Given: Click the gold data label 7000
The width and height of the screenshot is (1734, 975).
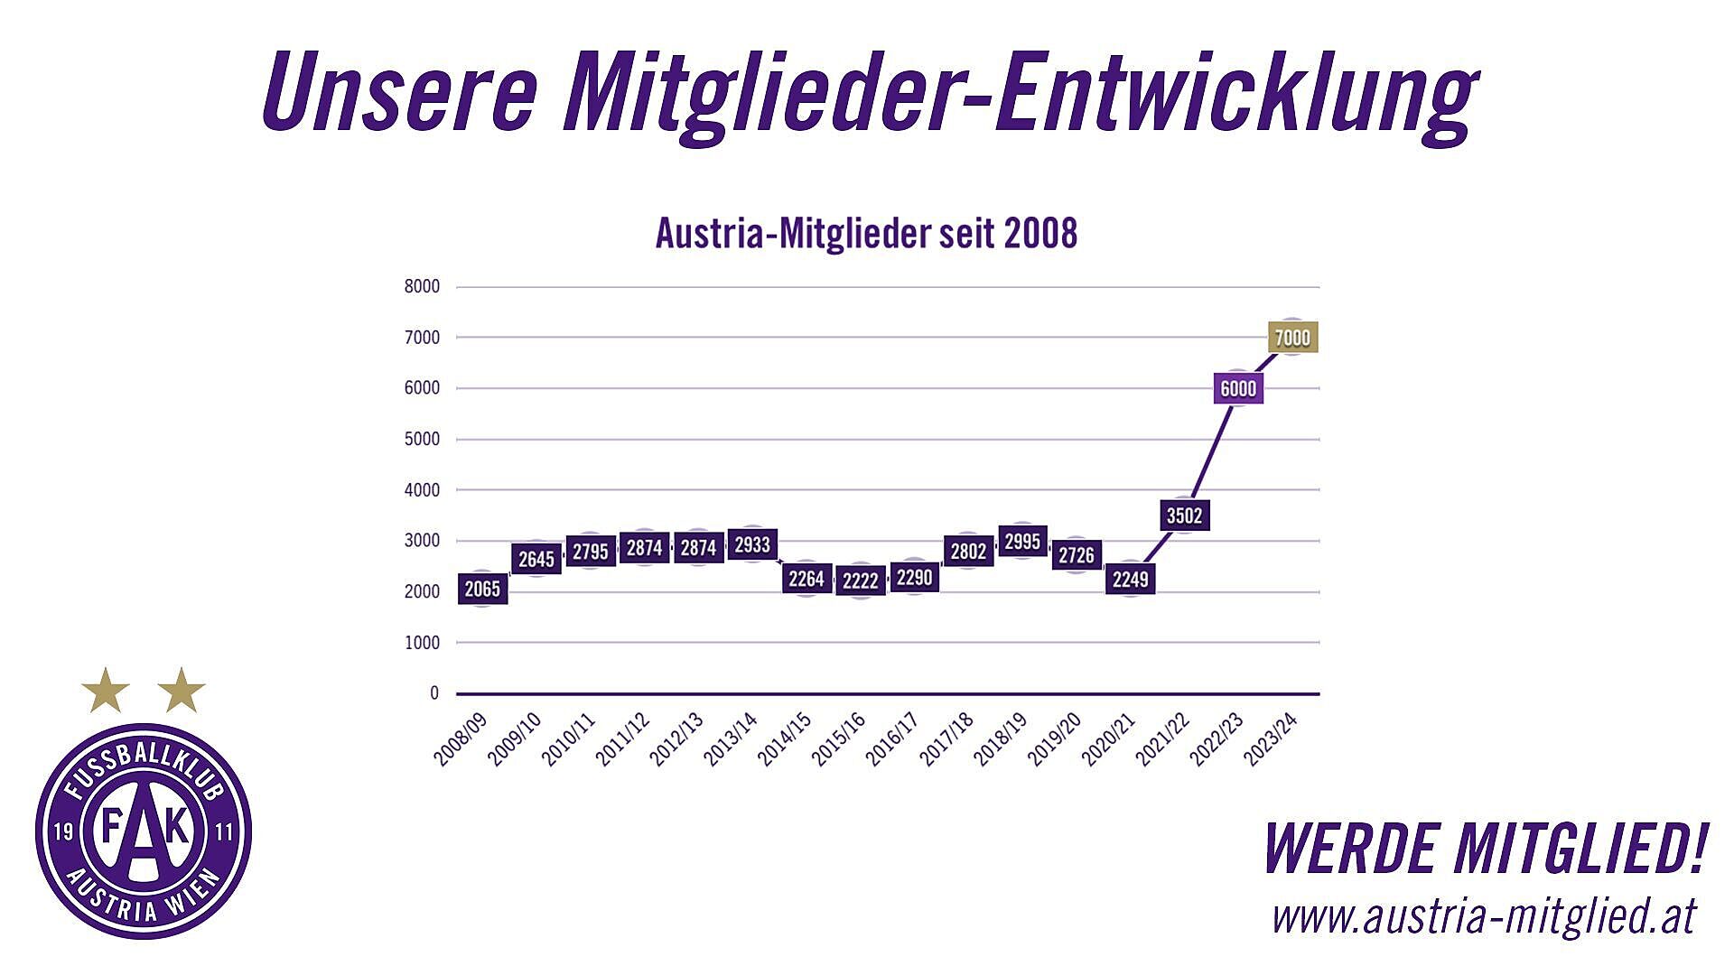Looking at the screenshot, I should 1292,338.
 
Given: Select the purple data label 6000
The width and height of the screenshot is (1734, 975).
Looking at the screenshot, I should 1238,388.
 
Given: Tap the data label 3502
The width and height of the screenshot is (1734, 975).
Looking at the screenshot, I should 1184,515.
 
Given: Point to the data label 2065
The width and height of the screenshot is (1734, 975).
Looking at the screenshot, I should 482,590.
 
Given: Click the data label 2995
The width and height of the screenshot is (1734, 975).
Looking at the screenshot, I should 1022,542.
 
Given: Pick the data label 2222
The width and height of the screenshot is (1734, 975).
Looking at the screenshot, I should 860,580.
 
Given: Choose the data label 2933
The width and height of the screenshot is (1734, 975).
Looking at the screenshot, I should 752,544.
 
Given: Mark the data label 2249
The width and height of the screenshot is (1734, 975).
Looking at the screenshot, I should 1130,579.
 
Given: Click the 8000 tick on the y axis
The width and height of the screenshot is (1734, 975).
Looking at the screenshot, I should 422,286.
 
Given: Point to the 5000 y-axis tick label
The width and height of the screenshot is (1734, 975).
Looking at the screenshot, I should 422,440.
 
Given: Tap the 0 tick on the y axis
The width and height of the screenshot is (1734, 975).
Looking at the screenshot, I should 434,693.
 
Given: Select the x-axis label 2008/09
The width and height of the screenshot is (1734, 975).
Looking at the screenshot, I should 461,739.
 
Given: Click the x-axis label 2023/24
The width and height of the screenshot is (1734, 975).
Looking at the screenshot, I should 1272,739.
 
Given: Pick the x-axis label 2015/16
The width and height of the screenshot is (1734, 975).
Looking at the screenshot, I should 840,739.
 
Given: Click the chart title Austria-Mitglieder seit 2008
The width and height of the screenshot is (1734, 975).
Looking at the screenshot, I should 866,233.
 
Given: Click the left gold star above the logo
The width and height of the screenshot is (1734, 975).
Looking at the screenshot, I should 106,691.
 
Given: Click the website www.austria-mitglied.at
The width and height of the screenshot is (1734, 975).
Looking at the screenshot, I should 1484,915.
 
